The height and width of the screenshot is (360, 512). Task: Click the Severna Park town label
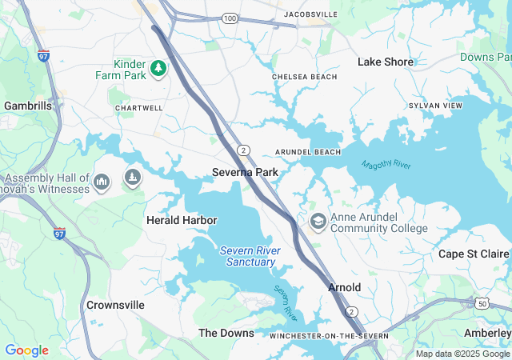pos(245,172)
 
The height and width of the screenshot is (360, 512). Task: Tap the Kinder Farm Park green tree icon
pos(159,68)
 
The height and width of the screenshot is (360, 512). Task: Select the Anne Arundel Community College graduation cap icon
pos(318,221)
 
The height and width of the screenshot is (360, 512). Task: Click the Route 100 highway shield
pos(230,18)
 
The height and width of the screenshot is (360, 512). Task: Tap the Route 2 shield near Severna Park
pos(242,150)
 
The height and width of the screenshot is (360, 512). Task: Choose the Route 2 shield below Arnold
pos(350,310)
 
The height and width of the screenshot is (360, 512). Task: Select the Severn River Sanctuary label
pos(250,256)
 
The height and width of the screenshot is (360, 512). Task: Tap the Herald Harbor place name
pos(182,220)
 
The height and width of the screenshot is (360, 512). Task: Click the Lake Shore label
pos(386,62)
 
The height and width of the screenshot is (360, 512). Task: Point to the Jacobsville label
pos(311,14)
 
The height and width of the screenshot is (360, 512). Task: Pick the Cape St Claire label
pos(474,254)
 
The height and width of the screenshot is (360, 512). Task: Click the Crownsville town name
pos(116,305)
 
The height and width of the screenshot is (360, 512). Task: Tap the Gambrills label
pos(28,106)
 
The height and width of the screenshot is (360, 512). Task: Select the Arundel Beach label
pos(308,152)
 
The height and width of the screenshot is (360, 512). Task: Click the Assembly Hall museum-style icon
pos(102,183)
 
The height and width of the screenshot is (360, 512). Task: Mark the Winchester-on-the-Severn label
pos(318,335)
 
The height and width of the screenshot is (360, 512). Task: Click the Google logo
pos(26,350)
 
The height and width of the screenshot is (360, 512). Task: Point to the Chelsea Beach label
pos(305,77)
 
